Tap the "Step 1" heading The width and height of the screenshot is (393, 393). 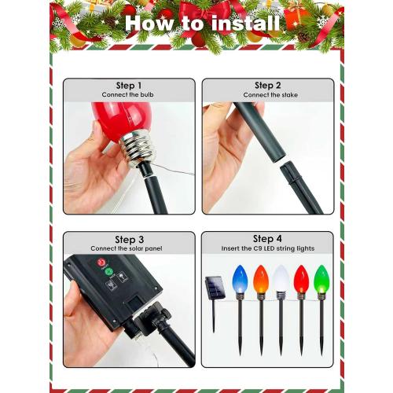pos(129,86)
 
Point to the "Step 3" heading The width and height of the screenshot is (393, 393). pos(129,239)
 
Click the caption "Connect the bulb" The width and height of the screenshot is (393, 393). pos(129,96)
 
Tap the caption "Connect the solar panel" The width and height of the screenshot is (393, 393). pos(129,249)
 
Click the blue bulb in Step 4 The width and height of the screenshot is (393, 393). pos(240,280)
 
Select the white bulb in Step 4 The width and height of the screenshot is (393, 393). pos(281,280)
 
